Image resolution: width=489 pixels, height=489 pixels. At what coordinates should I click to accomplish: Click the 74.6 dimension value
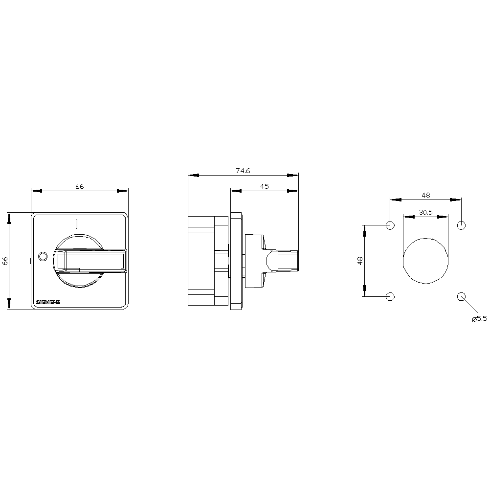coord(243,171)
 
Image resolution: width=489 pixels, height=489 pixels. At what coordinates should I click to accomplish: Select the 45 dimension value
coord(265,186)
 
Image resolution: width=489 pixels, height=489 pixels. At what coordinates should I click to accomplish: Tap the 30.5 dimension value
coord(425,212)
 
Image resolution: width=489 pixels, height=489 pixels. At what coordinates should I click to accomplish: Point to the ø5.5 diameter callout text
coord(479,318)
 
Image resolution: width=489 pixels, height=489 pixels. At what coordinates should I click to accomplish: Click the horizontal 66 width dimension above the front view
coord(79,186)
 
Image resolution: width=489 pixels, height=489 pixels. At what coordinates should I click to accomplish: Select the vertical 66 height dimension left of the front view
coord(5,261)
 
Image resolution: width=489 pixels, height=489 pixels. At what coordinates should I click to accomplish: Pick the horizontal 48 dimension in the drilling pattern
coord(425,195)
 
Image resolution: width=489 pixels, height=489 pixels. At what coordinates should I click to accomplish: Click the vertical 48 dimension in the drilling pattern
coord(360,261)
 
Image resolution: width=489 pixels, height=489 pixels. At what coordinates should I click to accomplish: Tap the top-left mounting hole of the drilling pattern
coord(390,225)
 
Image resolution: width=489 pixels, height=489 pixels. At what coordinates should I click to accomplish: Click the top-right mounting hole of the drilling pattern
coord(461,225)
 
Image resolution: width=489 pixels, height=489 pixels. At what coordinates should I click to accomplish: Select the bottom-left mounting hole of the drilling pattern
coord(390,296)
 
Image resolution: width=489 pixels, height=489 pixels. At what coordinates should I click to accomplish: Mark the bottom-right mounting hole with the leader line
coord(461,296)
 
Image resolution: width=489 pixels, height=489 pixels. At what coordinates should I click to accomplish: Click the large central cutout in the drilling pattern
coord(425,261)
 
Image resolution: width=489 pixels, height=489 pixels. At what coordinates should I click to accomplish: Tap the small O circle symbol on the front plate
coord(42,256)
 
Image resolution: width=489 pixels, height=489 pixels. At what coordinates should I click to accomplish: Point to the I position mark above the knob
coord(76,224)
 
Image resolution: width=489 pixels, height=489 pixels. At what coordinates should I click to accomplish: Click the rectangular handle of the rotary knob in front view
coord(92,260)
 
